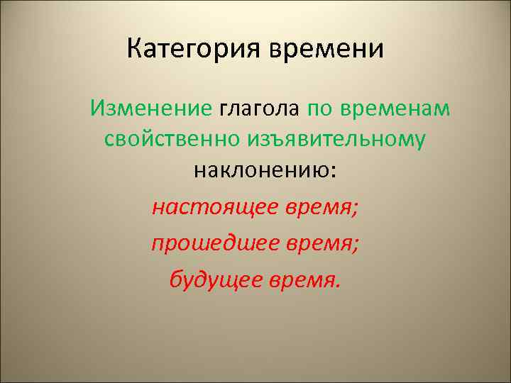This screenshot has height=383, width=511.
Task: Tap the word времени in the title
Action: [x=326, y=50]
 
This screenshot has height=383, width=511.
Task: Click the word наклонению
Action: [x=260, y=170]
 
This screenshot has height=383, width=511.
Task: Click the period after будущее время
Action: [x=336, y=286]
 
